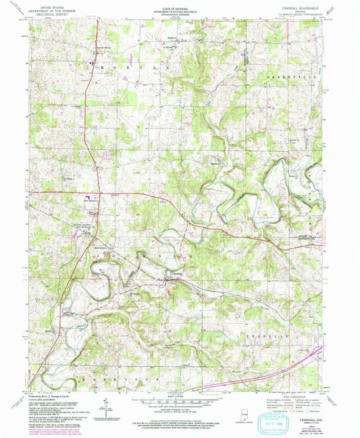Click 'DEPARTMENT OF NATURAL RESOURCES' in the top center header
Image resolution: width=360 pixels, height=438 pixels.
[179, 11]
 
